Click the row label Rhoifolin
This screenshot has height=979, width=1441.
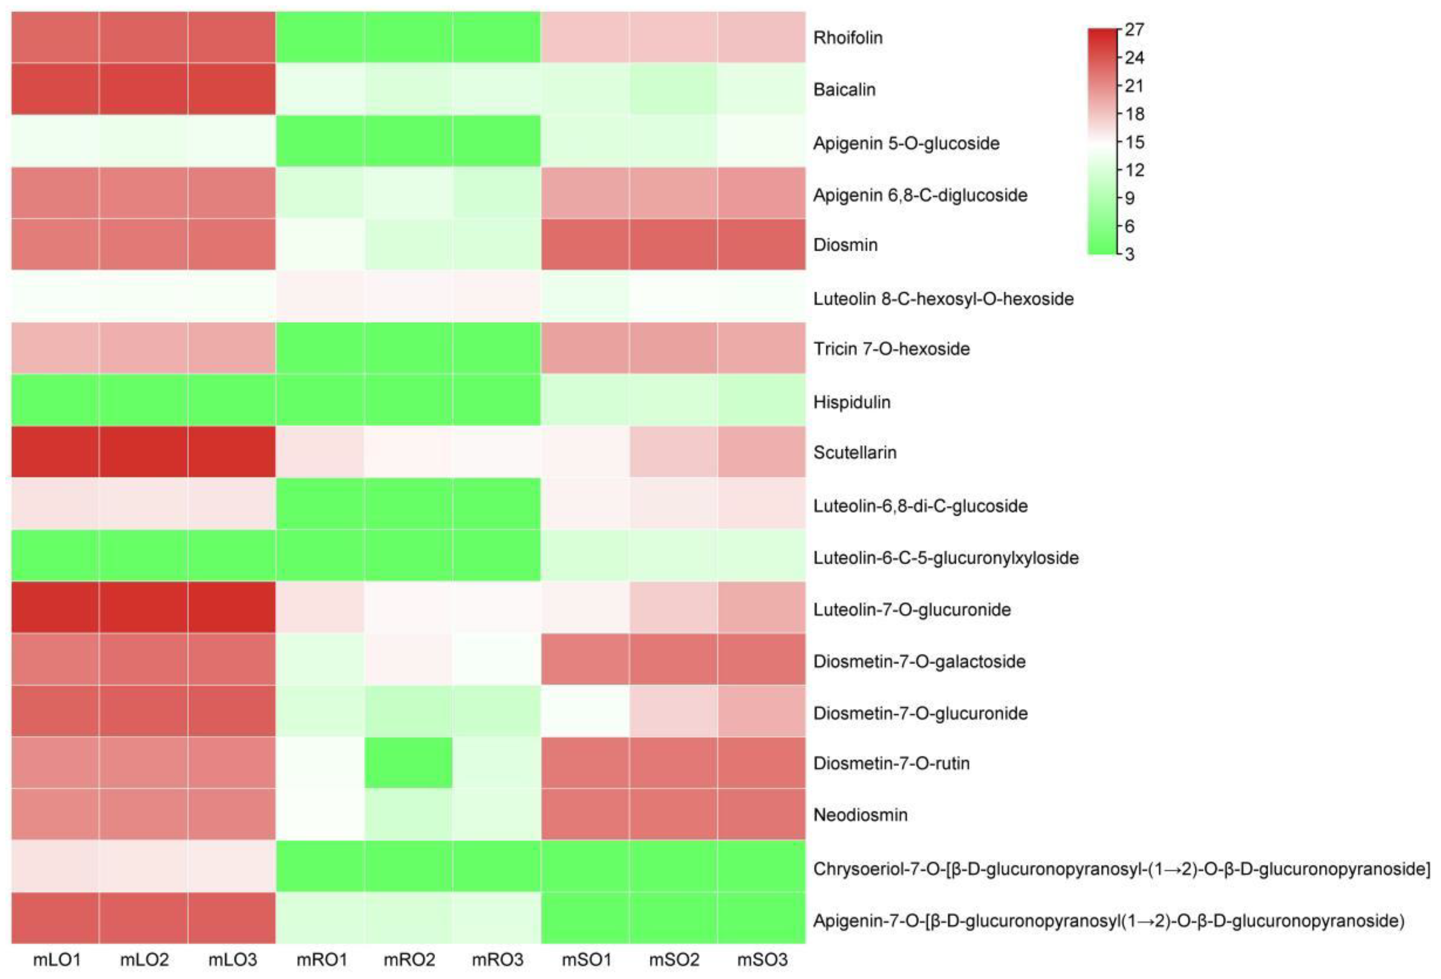pos(847,38)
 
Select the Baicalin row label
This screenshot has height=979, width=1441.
pos(844,90)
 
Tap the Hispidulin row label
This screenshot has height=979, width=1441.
pos(851,402)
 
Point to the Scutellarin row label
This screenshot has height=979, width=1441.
pos(854,453)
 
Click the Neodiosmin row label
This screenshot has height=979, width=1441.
pos(860,815)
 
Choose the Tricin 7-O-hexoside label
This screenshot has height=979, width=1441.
pos(891,349)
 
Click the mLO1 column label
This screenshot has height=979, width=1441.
pos(57,960)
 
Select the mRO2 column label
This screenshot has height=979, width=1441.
pos(408,960)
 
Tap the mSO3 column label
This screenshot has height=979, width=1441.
pos(761,960)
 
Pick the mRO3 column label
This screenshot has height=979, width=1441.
pos(497,960)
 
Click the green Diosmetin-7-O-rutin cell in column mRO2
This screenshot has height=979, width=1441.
pos(408,763)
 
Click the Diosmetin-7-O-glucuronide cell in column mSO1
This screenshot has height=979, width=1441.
pos(585,711)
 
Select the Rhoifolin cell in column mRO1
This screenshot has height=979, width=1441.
pos(320,37)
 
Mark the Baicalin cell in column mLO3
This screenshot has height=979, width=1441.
pos(232,89)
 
